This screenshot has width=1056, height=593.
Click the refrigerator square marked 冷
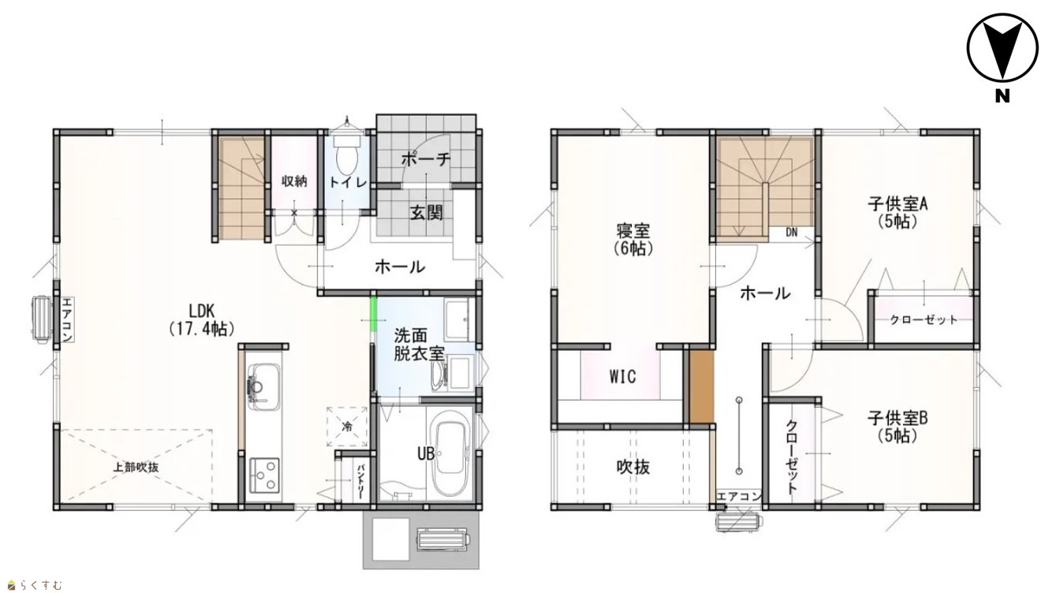pyautogui.click(x=347, y=427)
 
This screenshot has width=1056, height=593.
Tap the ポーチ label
pyautogui.click(x=426, y=159)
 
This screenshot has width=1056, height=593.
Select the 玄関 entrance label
pyautogui.click(x=427, y=213)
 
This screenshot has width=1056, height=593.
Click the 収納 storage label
pyautogui.click(x=295, y=181)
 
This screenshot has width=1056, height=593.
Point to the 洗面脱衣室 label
pyautogui.click(x=419, y=345)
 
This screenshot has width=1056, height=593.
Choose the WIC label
pyautogui.click(x=622, y=377)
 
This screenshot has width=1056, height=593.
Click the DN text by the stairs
pyautogui.click(x=792, y=233)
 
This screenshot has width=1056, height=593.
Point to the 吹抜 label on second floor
pyautogui.click(x=633, y=467)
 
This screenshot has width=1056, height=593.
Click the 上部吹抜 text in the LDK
pyautogui.click(x=136, y=468)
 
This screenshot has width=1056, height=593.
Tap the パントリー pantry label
pyautogui.click(x=360, y=483)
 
